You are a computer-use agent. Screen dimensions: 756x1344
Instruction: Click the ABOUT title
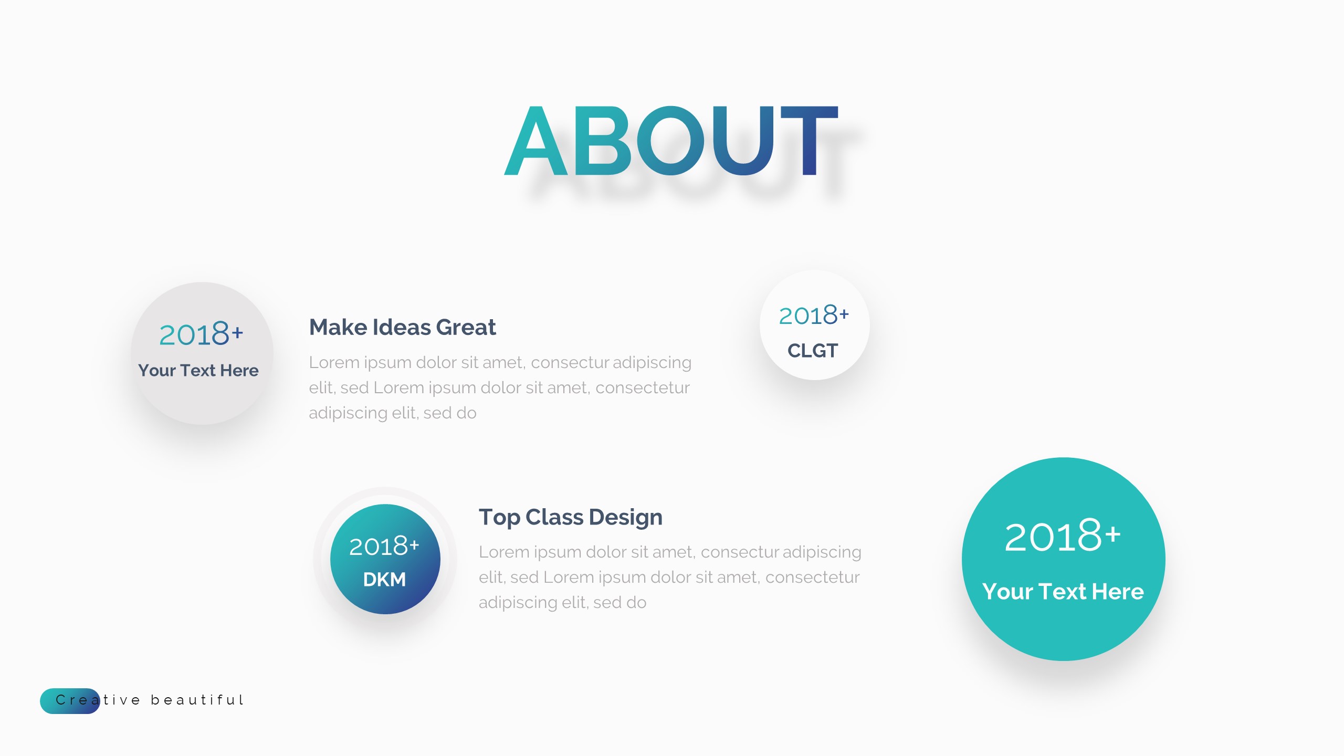(x=671, y=141)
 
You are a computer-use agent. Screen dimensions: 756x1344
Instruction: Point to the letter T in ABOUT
(x=808, y=141)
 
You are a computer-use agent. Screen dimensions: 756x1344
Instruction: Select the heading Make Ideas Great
(x=402, y=327)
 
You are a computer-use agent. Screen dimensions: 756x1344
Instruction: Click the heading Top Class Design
(x=570, y=517)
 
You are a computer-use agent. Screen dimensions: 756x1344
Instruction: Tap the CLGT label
(x=813, y=350)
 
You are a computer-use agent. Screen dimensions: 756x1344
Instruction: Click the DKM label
(x=384, y=580)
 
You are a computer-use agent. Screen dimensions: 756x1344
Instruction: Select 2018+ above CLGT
(x=813, y=316)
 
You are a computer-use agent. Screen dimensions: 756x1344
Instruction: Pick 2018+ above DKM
(x=384, y=546)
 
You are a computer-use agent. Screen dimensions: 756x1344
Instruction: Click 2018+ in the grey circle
(x=201, y=334)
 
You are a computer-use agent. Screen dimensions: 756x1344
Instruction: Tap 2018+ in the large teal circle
(x=1062, y=537)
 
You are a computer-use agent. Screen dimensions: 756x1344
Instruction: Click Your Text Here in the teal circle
(x=1063, y=592)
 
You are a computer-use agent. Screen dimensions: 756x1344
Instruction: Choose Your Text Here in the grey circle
(x=198, y=370)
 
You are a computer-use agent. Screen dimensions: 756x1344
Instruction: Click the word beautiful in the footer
(x=197, y=700)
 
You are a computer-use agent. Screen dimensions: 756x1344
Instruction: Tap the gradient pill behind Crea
(x=70, y=701)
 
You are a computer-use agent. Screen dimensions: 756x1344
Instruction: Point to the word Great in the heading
(x=466, y=327)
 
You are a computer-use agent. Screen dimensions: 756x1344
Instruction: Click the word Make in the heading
(x=338, y=327)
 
